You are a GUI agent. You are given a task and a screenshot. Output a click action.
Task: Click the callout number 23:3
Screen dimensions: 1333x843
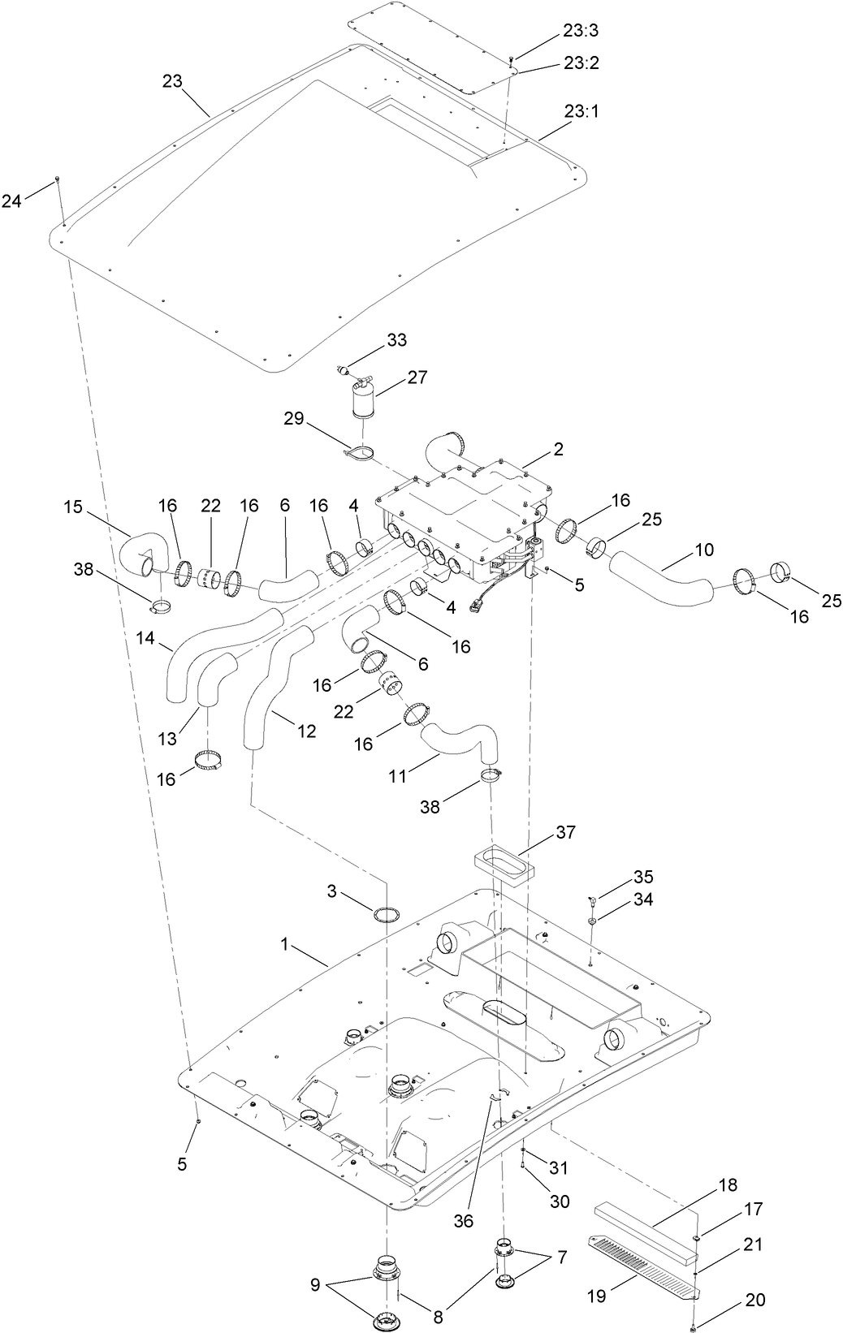coord(580,31)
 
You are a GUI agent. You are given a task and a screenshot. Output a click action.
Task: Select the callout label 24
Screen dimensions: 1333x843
coord(11,200)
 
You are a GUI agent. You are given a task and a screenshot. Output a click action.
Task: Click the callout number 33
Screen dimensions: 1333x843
coord(397,340)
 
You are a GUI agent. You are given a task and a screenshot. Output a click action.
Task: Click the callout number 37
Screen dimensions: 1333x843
coord(565,832)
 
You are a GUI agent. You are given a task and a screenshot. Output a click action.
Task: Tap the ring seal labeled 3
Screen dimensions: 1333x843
coord(387,914)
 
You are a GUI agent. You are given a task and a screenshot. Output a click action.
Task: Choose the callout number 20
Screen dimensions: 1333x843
coord(754,1300)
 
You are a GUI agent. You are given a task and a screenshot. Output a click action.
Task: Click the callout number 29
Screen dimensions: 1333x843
coord(294,419)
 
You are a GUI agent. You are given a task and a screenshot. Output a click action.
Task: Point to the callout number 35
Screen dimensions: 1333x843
coord(643,877)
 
